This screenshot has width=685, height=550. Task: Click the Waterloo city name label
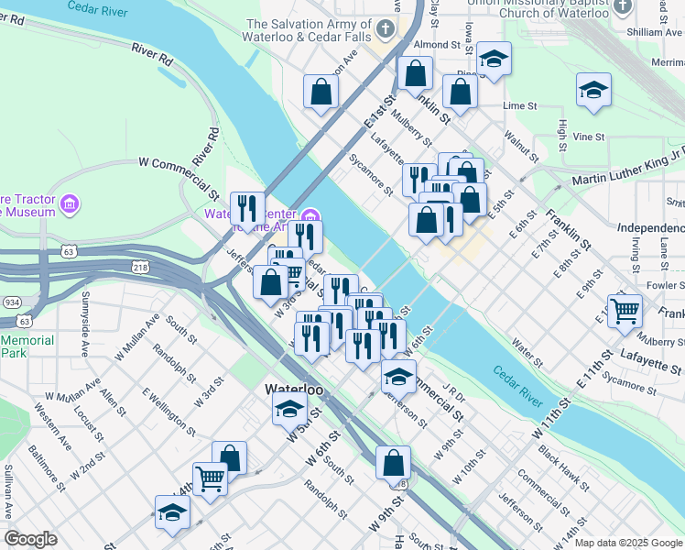coord(295,390)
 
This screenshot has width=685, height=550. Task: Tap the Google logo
coord(30,539)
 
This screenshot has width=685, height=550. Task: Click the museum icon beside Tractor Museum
coord(69,203)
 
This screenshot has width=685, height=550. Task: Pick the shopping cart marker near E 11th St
coord(625,310)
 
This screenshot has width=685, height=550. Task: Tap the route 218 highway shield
coord(139,267)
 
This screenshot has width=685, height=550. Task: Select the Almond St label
coord(437,44)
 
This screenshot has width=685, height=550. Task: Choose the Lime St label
coord(519,105)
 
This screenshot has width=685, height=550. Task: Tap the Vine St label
coord(589,137)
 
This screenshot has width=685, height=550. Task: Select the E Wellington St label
coord(168,410)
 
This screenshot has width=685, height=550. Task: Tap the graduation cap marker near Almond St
coord(494,60)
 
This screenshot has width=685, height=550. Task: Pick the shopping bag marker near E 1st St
coord(321,91)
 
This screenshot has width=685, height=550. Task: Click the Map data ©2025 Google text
coord(627,543)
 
